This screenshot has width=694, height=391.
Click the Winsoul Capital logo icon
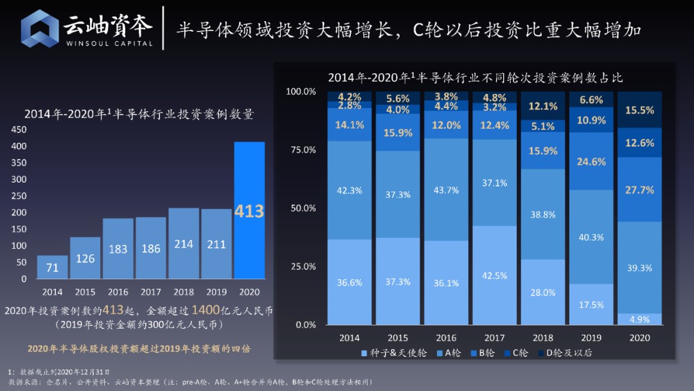(x=40, y=28)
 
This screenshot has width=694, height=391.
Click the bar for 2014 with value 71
(x=53, y=267)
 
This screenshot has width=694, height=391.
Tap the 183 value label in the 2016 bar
(x=118, y=249)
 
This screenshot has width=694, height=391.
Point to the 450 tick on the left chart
(x=19, y=129)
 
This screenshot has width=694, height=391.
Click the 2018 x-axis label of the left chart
(x=184, y=291)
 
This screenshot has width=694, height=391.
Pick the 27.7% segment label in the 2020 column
(x=639, y=190)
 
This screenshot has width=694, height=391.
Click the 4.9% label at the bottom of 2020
(x=639, y=320)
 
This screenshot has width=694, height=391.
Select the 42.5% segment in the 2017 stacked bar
(x=495, y=275)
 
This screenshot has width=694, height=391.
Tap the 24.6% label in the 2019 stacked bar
(x=591, y=161)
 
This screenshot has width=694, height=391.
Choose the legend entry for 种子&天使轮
(x=388, y=352)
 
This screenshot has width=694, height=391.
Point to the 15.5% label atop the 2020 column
(x=639, y=111)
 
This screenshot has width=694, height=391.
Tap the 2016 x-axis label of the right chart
(x=446, y=338)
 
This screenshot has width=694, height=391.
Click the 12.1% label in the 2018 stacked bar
(x=543, y=106)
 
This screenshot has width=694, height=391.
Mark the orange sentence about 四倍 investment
(x=139, y=348)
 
